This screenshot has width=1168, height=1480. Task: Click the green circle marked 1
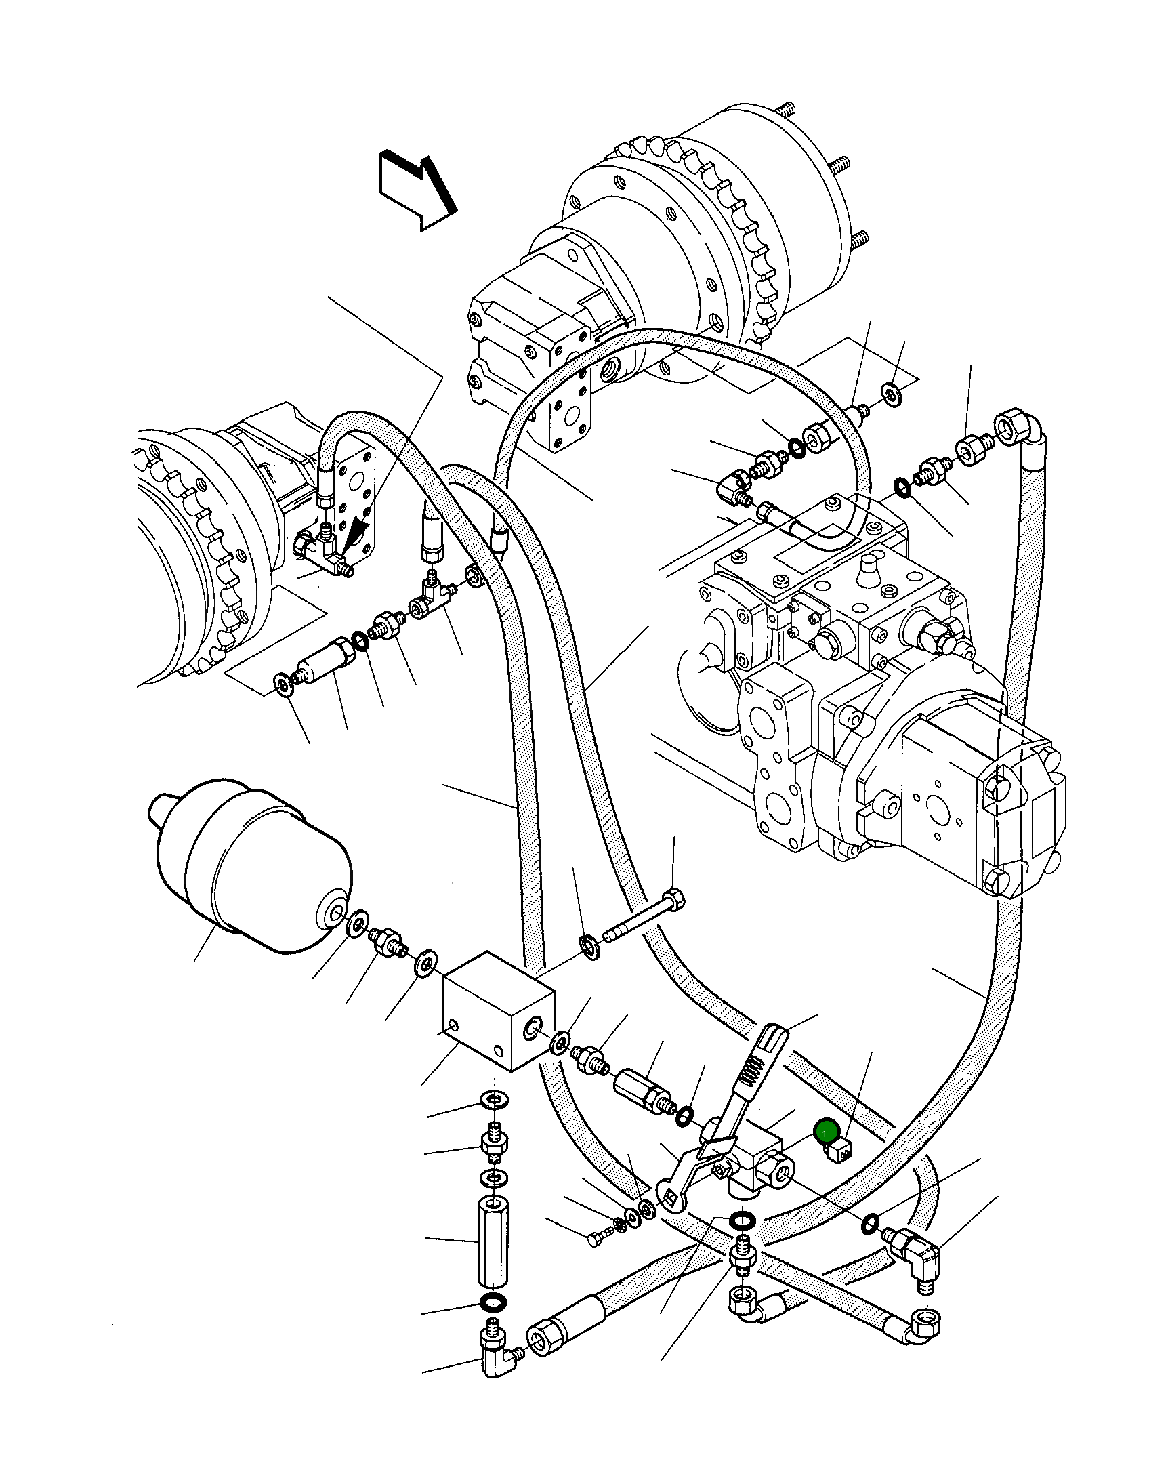point(827,1132)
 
